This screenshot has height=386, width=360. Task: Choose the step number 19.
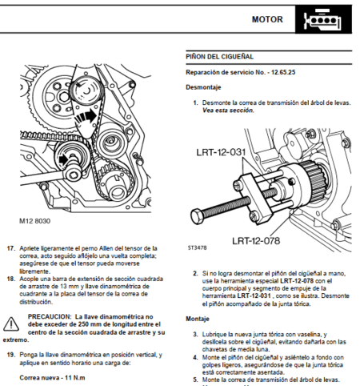11,354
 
